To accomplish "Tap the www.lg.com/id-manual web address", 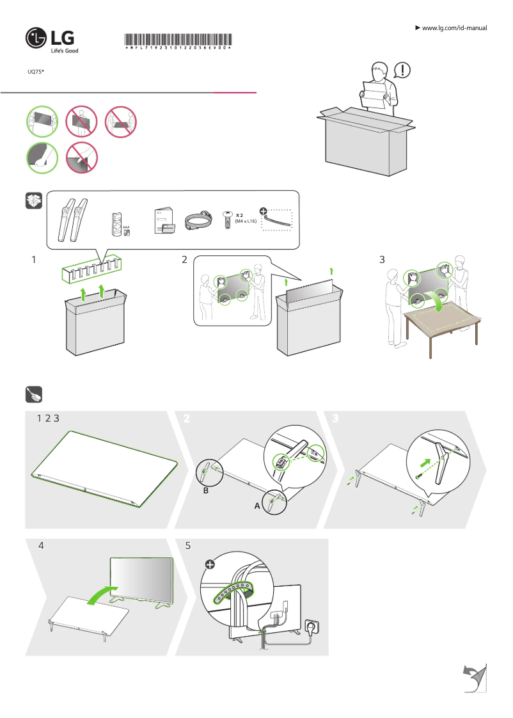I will pos(455,28).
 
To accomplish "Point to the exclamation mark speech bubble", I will pos(403,68).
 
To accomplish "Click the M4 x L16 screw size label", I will pos(246,221).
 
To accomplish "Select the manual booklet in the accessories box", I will pos(163,221).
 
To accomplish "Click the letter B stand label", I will pos(206,491).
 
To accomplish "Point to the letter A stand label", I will pos(257,506).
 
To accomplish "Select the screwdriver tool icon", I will pos(34,395).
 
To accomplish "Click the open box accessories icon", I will pos(34,201).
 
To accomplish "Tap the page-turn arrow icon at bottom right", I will pos(474,678).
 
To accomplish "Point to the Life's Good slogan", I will pos(65,51).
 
